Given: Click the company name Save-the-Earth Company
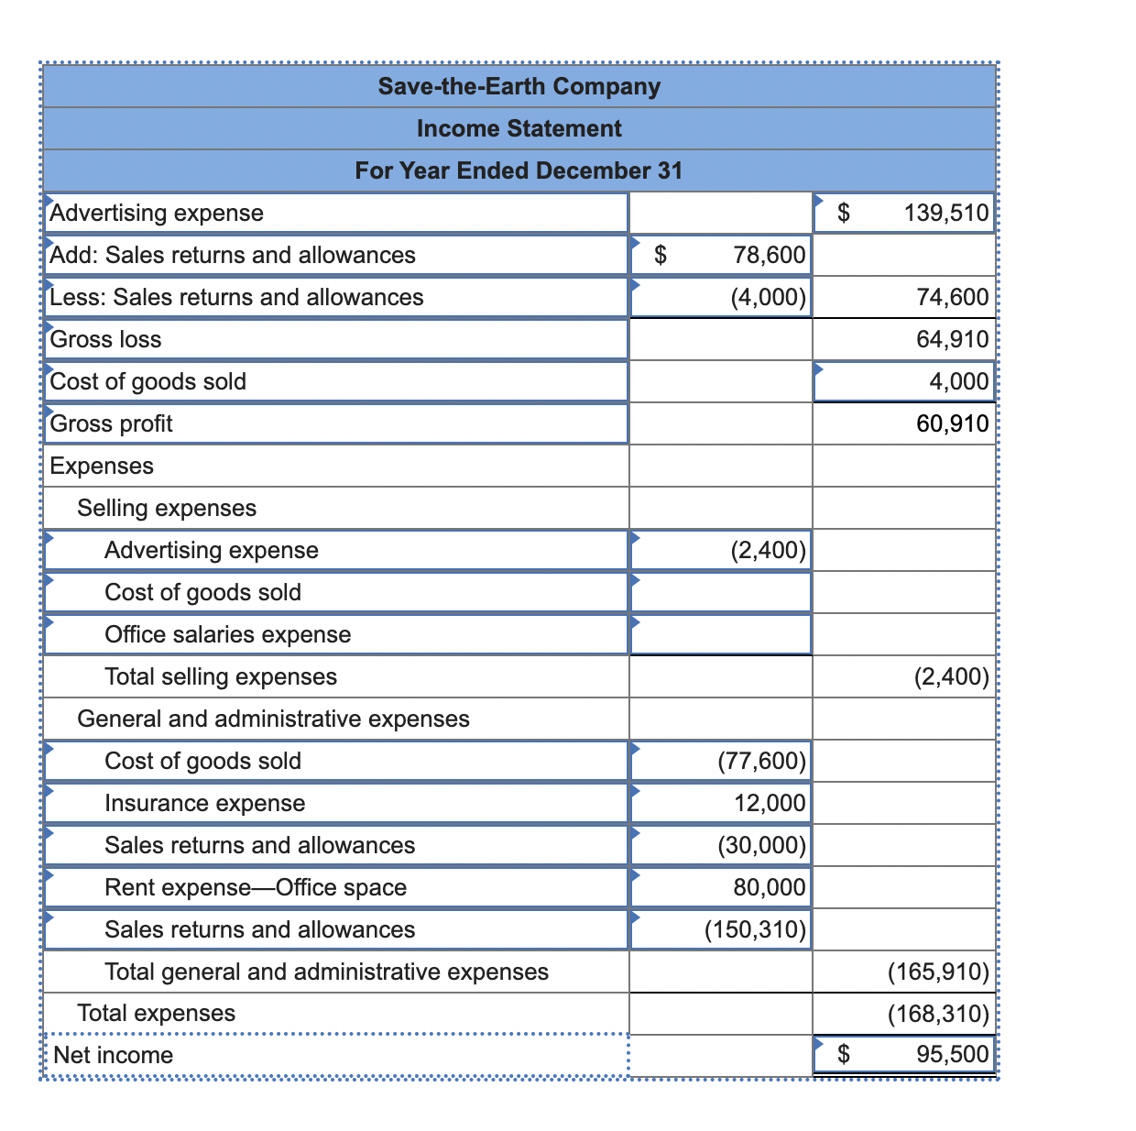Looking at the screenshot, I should tap(519, 86).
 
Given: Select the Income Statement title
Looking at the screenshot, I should tap(519, 128).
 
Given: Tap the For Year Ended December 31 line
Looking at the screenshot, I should tap(519, 170).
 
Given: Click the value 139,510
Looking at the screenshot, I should tap(946, 213).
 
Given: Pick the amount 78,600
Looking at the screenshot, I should tap(770, 255).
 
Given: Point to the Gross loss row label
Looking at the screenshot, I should tap(105, 339).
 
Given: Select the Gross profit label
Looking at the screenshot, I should tap(111, 423).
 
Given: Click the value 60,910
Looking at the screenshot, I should tap(952, 423).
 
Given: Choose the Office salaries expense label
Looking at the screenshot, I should tap(227, 634).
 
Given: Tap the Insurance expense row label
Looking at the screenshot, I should tap(204, 803).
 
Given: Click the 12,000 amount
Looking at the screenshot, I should tap(770, 803).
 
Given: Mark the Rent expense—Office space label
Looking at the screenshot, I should tap(255, 887).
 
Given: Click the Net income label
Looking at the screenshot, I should tap(113, 1055).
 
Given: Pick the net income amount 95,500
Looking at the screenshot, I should tap(952, 1055).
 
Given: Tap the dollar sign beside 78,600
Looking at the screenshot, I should tap(660, 255).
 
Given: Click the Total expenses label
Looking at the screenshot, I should tap(156, 1013).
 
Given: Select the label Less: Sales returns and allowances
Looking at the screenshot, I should tap(236, 297).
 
